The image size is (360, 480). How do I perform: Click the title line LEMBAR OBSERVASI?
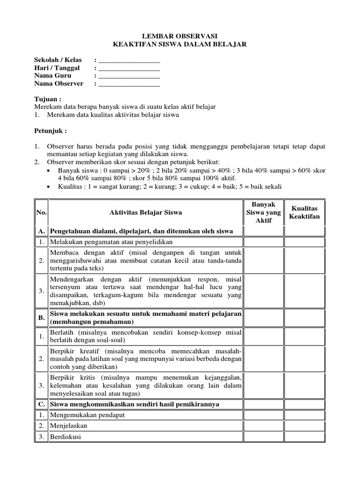(180, 36)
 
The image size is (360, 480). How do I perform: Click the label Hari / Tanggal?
(57, 68)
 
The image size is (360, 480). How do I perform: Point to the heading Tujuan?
(48, 99)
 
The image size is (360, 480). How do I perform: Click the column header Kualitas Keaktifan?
(304, 212)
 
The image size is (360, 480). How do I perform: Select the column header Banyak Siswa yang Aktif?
(263, 212)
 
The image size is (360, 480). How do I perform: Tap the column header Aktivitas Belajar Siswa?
(145, 212)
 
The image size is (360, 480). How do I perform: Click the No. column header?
(41, 212)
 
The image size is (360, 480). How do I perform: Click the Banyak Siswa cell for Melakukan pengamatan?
(263, 242)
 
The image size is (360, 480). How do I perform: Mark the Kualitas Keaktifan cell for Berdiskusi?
(304, 437)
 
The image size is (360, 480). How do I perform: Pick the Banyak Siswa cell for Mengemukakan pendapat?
(263, 414)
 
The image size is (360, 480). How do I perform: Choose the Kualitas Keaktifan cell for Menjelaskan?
(304, 426)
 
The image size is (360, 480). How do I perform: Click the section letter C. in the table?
(41, 404)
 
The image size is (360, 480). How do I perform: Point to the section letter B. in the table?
(41, 317)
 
